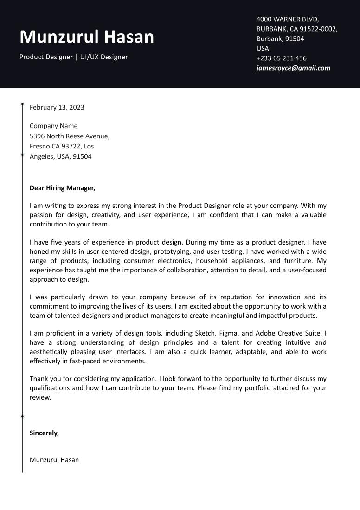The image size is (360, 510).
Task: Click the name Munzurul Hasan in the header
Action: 87,37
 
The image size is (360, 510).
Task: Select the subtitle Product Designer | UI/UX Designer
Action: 73,57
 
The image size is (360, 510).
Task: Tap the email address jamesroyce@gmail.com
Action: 293,68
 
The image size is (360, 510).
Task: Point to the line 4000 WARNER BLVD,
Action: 288,19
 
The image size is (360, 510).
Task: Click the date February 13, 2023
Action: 57,107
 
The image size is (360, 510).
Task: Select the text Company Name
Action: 53,126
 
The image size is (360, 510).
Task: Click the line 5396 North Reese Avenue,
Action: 70,136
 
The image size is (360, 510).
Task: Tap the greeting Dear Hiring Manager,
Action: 62,188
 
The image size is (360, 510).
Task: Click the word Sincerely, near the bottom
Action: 44,433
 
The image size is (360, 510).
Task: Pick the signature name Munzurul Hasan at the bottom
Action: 54,460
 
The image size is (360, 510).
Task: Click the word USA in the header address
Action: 263,48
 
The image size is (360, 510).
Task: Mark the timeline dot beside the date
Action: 22,104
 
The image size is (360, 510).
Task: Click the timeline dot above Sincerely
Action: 22,416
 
